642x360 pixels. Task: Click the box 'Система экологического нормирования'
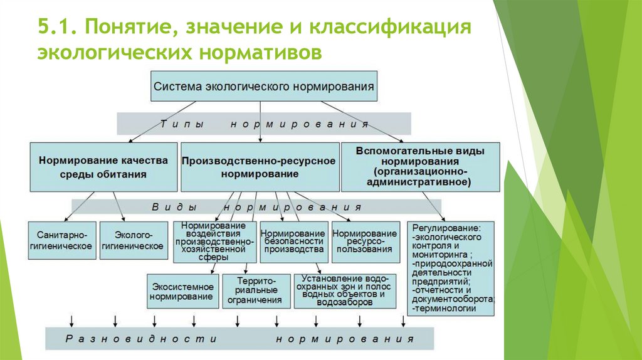click(264, 86)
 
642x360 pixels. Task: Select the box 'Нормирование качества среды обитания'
click(103, 167)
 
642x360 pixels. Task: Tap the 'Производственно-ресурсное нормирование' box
click(258, 167)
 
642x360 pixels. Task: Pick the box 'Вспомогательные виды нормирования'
click(419, 167)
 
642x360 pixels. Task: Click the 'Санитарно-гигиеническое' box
click(62, 240)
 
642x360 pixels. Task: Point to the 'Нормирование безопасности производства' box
click(293, 241)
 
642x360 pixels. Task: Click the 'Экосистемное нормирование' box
click(182, 292)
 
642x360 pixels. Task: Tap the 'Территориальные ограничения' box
click(255, 290)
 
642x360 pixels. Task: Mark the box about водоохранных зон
click(345, 290)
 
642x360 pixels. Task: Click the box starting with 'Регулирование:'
click(451, 268)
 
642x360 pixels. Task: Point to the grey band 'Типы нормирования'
click(263, 124)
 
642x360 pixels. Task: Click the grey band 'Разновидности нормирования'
click(239, 339)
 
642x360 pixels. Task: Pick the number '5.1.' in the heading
click(55, 28)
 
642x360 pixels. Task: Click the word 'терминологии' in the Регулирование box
click(446, 309)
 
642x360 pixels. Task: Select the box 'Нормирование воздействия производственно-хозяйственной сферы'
click(214, 241)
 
